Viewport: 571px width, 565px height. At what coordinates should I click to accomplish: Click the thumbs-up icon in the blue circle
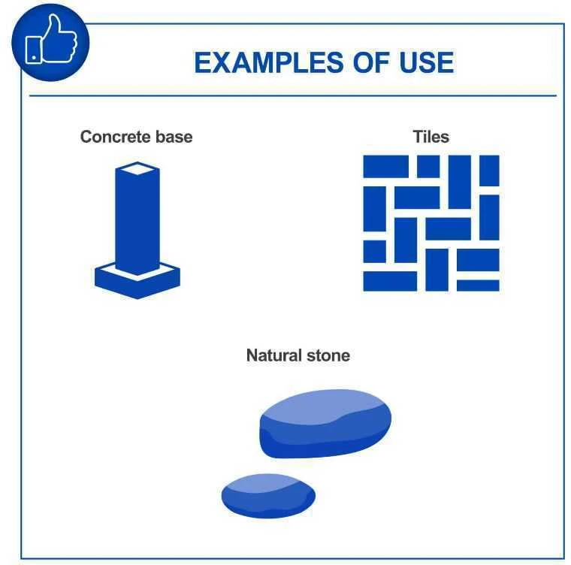51,40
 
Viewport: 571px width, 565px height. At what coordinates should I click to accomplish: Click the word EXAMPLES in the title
269,62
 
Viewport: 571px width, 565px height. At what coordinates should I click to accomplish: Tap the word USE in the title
427,62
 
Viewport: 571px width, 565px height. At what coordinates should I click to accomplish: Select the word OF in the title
371,62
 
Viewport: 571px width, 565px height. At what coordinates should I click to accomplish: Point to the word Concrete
116,137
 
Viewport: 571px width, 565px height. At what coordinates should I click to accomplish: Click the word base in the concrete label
174,137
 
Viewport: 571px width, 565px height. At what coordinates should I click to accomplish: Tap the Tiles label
431,137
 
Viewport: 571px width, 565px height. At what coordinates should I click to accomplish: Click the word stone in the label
328,355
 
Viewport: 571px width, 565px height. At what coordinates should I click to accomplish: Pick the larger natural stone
325,424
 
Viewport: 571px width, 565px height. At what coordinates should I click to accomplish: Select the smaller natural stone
268,496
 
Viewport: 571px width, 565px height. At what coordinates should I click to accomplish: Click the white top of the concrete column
137,169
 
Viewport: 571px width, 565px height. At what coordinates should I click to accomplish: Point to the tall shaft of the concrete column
137,222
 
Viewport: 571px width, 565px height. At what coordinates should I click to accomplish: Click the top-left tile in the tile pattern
385,167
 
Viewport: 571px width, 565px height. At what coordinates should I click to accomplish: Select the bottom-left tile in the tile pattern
390,281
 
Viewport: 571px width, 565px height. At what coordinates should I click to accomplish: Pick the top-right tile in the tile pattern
489,171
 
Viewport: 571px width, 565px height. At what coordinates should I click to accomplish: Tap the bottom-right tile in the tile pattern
478,286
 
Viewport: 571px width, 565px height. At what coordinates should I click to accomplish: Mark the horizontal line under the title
293,96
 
